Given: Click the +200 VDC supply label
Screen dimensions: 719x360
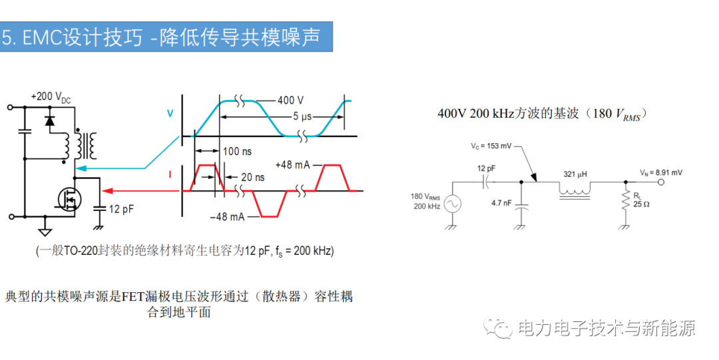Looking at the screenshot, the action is (x=51, y=97).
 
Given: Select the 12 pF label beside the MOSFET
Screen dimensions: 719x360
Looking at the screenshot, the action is (x=122, y=209).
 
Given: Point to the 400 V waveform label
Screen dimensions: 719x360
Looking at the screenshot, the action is (x=290, y=100).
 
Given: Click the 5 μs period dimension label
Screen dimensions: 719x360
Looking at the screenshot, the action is (x=302, y=116).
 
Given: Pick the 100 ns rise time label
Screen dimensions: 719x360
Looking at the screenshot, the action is (x=237, y=151).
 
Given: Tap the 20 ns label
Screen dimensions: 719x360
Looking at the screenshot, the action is (x=253, y=177).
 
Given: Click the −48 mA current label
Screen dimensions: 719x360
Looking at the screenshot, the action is (x=228, y=216).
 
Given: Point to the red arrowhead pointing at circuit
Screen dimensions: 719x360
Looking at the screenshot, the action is (x=107, y=191).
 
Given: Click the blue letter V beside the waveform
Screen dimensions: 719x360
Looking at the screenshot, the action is (x=170, y=113).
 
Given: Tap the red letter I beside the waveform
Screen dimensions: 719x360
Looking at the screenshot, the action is (x=170, y=175).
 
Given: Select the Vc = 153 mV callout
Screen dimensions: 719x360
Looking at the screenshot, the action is (x=491, y=146).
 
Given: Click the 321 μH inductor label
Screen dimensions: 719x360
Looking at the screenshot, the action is (x=575, y=174).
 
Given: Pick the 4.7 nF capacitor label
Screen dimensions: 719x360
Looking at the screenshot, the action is (x=501, y=203).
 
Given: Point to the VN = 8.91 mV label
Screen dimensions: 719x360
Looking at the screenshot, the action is (x=661, y=172).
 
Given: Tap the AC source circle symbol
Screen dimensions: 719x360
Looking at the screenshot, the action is (x=452, y=204).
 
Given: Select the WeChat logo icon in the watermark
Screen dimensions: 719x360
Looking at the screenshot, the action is (x=498, y=327).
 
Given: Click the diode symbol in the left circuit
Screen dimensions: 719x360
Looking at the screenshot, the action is (x=49, y=120).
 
